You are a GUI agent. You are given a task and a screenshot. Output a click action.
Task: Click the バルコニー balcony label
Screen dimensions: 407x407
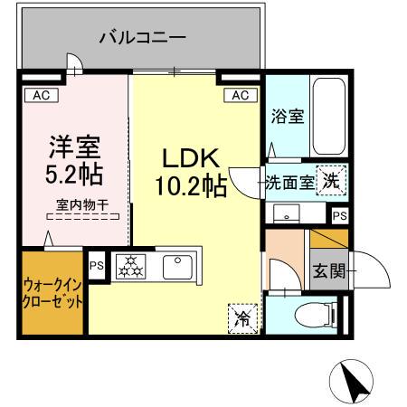click(x=142, y=39)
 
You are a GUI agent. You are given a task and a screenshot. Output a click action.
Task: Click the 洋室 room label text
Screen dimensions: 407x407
click(x=74, y=144)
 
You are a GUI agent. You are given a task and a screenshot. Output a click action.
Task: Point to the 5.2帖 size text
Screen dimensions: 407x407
click(x=74, y=171)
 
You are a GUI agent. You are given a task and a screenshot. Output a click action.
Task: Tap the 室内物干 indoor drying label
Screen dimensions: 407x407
click(x=82, y=205)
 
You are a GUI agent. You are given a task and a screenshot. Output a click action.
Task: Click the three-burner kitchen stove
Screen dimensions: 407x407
click(x=132, y=266)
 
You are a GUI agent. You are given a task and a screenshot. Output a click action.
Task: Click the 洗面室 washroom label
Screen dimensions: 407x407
click(x=289, y=181)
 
